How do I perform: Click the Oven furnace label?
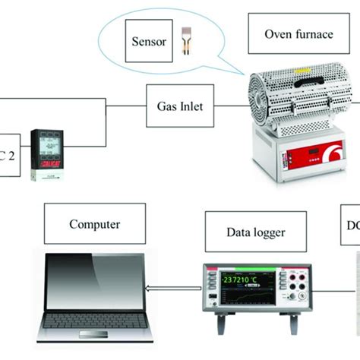click(x=297, y=34)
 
